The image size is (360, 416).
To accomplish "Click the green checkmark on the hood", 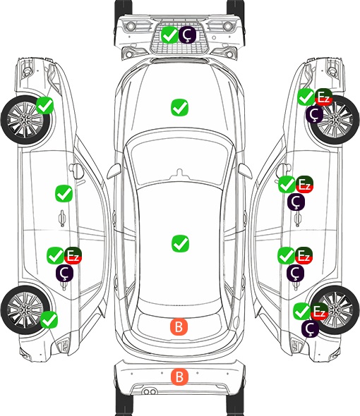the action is (x=180, y=107).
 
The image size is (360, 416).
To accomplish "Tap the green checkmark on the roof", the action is (x=180, y=243).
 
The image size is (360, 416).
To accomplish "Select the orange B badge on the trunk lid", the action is (x=179, y=326).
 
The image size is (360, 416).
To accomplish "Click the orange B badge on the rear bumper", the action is (x=179, y=377).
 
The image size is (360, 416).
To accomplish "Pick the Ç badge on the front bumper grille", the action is (x=187, y=35).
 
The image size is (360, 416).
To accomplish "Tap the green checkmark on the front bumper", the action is (x=169, y=35).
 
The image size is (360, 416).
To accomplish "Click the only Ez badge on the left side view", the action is (x=73, y=255).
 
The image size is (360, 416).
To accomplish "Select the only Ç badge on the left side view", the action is (x=64, y=273).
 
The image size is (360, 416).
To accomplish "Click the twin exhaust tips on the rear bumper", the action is (x=150, y=391).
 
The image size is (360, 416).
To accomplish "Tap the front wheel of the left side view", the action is (x=25, y=120).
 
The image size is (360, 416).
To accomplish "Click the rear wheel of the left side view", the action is (x=25, y=310).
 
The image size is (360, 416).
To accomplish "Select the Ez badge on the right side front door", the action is (x=304, y=185).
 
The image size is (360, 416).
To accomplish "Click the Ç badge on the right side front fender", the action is (x=314, y=114).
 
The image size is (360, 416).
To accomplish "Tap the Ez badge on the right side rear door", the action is (x=304, y=255).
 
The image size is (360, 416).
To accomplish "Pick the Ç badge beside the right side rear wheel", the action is (x=311, y=329).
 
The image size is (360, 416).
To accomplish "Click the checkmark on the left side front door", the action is (x=64, y=193).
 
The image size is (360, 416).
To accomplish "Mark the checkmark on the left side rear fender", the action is (x=49, y=319).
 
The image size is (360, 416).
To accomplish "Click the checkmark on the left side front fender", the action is (x=44, y=106).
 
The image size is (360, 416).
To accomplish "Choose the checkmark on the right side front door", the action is (x=287, y=185).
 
